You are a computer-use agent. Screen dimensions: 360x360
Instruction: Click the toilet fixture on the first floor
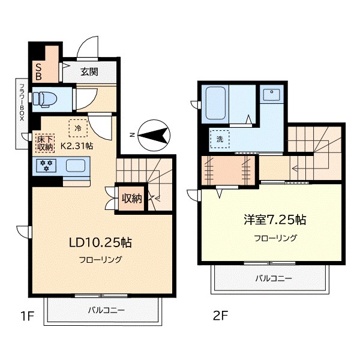tap(42, 99)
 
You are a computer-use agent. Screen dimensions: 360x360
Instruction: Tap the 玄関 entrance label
tap(89, 72)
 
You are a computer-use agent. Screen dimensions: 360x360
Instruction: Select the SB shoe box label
tap(38, 71)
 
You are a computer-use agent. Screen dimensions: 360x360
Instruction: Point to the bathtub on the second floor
tap(215, 103)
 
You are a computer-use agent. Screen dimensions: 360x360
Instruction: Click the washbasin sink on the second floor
tap(272, 95)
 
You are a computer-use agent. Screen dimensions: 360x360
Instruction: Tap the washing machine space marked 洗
tap(220, 139)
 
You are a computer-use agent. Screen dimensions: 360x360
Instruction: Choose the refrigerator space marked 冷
tap(78, 128)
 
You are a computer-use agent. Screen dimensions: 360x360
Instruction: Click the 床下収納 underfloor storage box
tap(45, 143)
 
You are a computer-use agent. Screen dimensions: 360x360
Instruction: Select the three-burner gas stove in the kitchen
tap(46, 166)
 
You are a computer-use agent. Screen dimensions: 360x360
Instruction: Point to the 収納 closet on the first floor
tap(131, 198)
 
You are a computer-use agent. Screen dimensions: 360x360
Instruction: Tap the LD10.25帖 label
tap(100, 242)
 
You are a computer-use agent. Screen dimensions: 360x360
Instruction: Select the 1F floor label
tap(28, 316)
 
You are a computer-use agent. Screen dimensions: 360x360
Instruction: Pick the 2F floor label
tap(220, 316)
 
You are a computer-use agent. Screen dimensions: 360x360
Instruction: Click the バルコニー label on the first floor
tap(106, 310)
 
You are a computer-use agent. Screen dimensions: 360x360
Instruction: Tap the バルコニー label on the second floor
tap(274, 279)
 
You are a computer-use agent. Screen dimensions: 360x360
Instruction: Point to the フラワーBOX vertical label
tap(22, 103)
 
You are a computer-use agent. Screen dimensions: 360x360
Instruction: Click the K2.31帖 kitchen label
tap(77, 146)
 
